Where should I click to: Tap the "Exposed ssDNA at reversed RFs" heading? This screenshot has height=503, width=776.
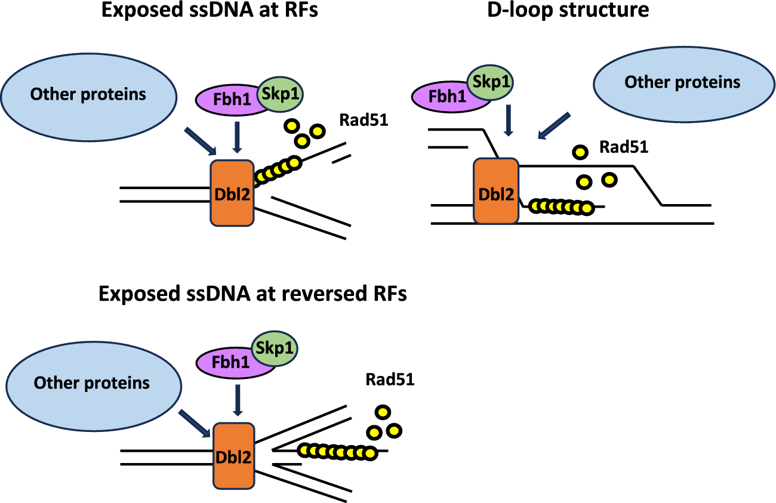[252, 294]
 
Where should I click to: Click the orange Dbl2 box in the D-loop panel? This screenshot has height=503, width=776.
[495, 191]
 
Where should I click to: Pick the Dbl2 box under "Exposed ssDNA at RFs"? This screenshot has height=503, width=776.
[232, 192]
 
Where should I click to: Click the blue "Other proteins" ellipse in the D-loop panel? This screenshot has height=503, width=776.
[682, 83]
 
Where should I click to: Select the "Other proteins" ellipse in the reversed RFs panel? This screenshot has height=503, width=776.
[92, 382]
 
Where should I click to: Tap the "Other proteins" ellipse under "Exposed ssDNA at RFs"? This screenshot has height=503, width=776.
[89, 94]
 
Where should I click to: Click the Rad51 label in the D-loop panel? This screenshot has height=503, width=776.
[624, 147]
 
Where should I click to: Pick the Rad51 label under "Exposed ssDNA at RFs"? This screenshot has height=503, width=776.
[364, 120]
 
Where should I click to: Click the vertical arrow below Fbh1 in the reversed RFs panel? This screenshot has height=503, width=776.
[238, 401]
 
